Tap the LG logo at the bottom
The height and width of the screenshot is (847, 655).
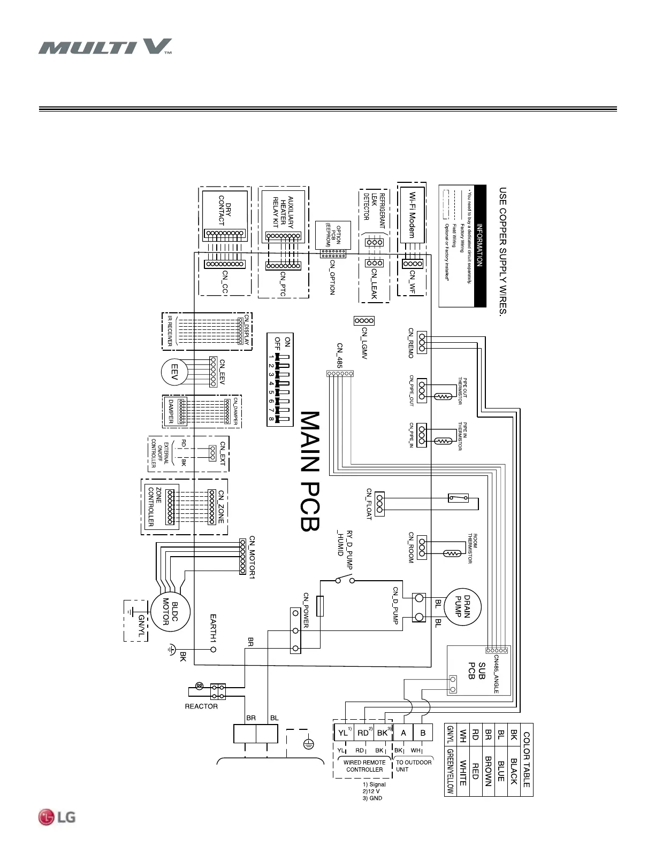[57, 817]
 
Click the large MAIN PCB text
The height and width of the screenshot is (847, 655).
[310, 471]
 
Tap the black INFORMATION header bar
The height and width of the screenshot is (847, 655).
[480, 246]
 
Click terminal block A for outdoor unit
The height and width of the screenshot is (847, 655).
[403, 733]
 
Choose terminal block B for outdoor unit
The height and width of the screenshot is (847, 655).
[423, 733]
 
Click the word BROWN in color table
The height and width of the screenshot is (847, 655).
[488, 771]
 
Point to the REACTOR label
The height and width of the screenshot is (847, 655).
[201, 706]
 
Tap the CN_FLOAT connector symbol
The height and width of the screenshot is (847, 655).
[379, 504]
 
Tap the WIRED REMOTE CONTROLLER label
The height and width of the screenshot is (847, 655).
[364, 766]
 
